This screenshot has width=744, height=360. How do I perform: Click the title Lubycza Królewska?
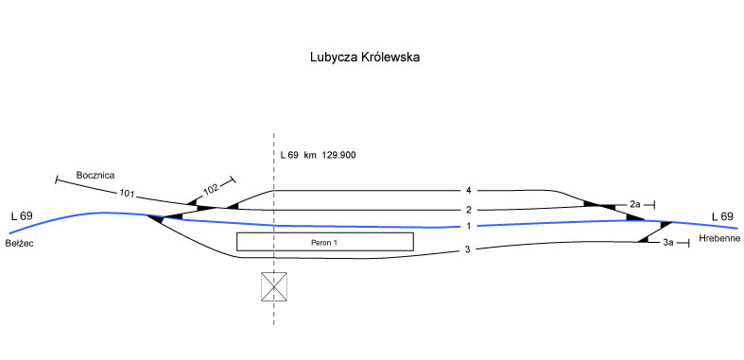[365, 58]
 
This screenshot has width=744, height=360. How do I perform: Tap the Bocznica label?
[95, 175]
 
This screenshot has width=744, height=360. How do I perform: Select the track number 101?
[127, 194]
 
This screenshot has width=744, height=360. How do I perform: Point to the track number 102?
[211, 189]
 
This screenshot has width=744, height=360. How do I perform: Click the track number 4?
[468, 191]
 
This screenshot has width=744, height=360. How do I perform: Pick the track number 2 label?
[468, 210]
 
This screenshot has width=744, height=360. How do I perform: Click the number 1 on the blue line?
[468, 226]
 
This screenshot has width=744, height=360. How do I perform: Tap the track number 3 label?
[467, 249]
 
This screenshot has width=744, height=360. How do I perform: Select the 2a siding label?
[635, 204]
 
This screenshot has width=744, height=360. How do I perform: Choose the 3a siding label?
[668, 243]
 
